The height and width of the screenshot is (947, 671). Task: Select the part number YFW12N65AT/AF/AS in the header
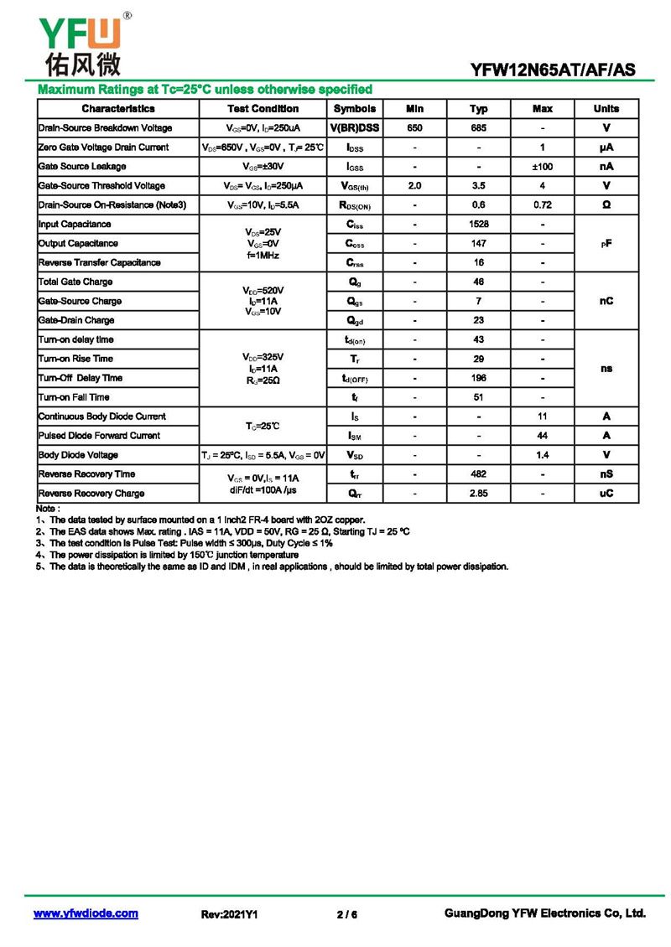554,70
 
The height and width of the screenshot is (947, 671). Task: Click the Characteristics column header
118,109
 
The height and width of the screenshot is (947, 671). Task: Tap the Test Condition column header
263,109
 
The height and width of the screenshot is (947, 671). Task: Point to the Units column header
606,109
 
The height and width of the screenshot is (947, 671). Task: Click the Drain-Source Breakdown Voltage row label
106,128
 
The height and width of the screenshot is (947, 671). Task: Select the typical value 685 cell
478,128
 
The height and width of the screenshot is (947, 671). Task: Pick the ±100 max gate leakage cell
542,167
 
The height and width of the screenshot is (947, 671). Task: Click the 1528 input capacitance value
478,225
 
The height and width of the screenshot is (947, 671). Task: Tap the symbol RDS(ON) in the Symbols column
355,205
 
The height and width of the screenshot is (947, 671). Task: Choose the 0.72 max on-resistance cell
542,205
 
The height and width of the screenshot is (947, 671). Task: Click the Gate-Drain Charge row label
76,320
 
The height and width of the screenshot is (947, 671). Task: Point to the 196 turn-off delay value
478,378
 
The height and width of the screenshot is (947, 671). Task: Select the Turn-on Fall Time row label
74,397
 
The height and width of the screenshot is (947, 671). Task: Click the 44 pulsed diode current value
542,436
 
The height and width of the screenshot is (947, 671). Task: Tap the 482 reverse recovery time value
478,474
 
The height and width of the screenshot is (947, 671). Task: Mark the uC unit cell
606,494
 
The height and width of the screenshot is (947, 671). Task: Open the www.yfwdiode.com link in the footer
86,913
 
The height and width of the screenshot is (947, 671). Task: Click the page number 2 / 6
346,914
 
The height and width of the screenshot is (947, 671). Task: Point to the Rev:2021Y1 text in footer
229,914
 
